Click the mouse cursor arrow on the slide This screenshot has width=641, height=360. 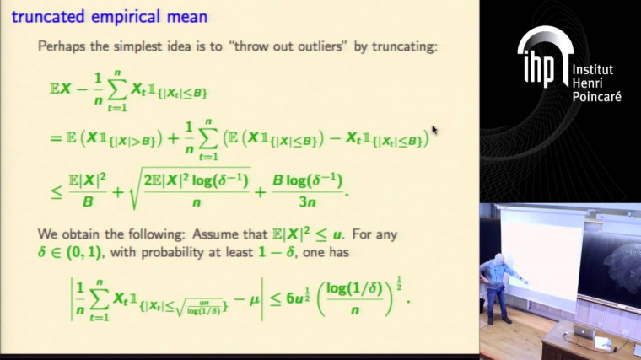click(x=434, y=130)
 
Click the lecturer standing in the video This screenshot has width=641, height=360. click(x=498, y=282)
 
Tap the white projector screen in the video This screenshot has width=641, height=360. click(x=543, y=254)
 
